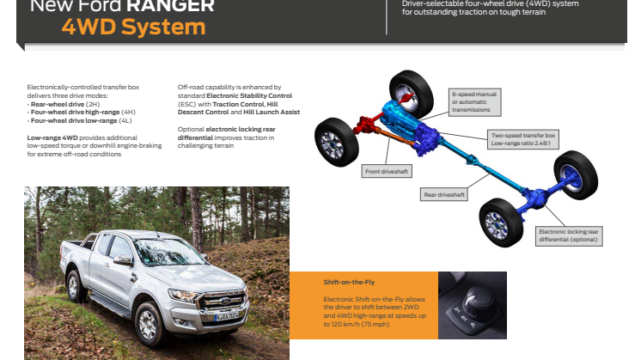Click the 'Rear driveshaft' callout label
click(x=445, y=195)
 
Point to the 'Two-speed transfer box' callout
click(x=524, y=139)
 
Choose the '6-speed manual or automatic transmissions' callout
click(x=474, y=101)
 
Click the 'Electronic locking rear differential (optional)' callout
click(x=569, y=235)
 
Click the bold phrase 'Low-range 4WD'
click(x=52, y=137)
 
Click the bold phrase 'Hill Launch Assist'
click(x=272, y=112)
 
